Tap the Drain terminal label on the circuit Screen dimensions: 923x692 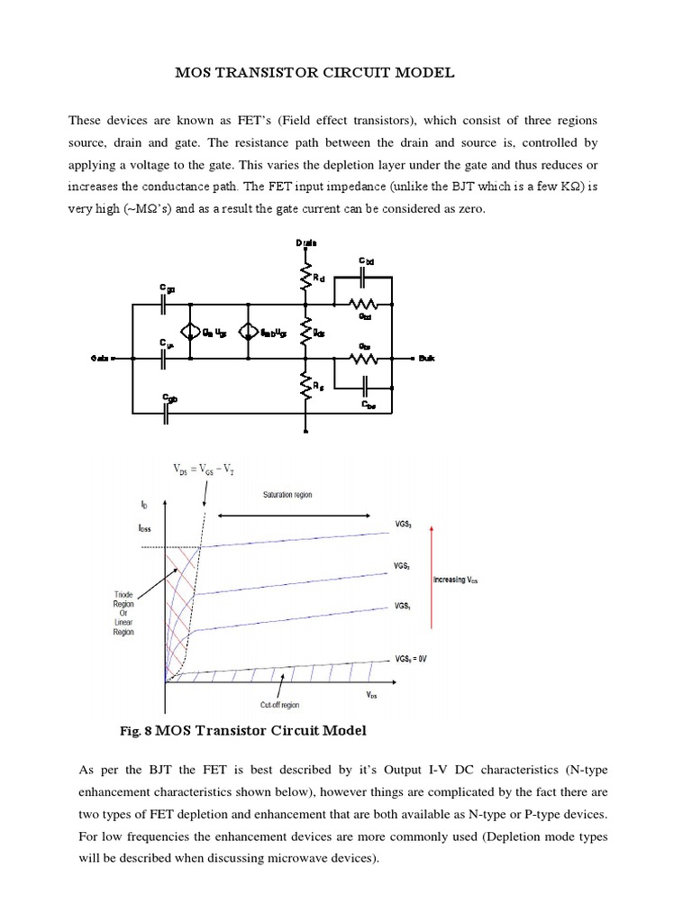coord(306,242)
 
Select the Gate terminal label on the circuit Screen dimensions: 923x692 coord(100,359)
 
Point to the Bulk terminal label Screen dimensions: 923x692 coord(426,359)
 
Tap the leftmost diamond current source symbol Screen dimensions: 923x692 coord(190,332)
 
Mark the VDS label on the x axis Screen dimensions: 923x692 coord(371,695)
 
